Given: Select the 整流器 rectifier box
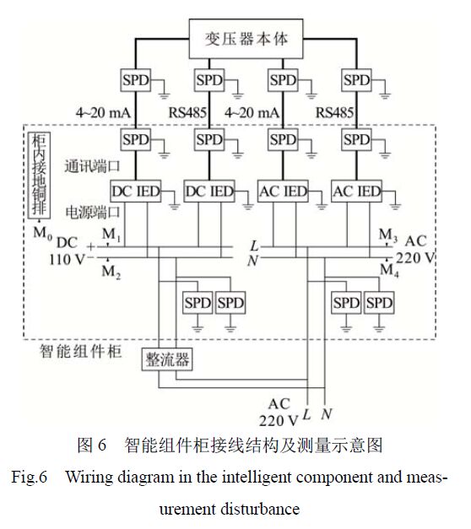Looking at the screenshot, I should click(x=165, y=361).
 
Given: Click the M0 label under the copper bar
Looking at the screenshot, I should click(x=38, y=230).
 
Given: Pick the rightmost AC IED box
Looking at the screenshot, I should click(x=356, y=192).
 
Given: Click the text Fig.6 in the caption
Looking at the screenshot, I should click(x=30, y=478).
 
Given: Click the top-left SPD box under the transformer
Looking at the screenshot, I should click(x=134, y=80).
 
